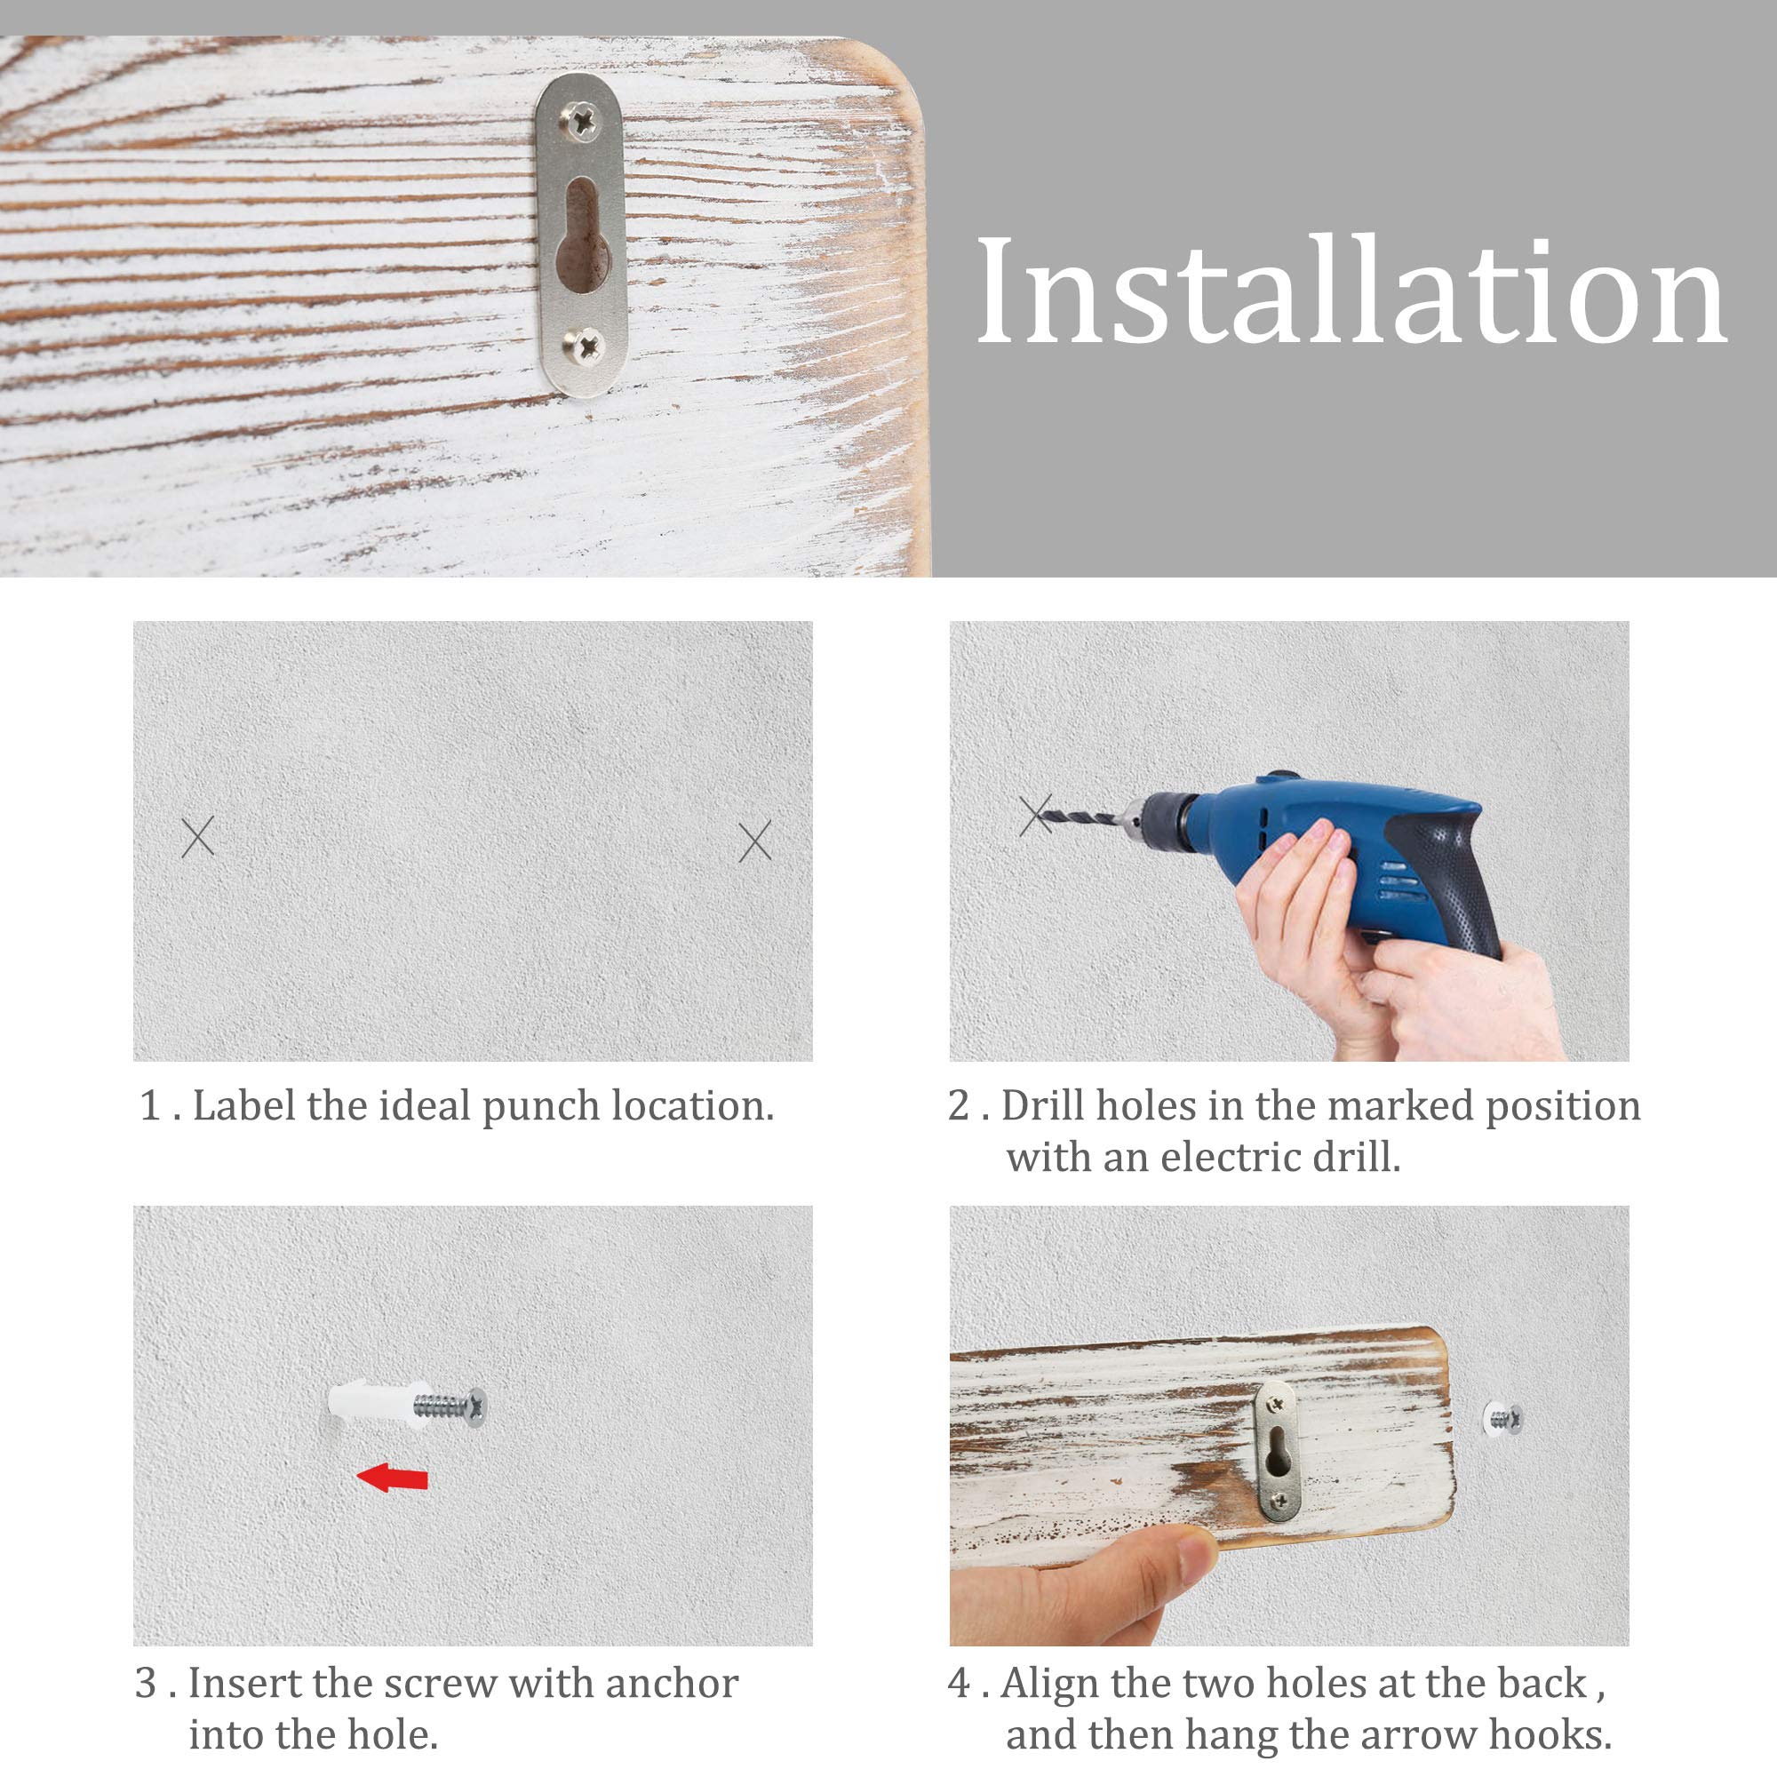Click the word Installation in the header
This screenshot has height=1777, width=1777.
[1351, 291]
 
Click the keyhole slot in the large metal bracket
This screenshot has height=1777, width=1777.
[582, 235]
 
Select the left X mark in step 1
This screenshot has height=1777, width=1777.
[198, 837]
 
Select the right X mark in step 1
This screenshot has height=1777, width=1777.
[755, 841]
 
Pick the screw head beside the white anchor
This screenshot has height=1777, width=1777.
[476, 1406]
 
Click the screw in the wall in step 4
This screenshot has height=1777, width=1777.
[1503, 1418]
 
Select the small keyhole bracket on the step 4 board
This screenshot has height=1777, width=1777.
[1277, 1451]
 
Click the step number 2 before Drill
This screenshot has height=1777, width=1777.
[960, 1105]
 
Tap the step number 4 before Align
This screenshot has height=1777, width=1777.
[960, 1683]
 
